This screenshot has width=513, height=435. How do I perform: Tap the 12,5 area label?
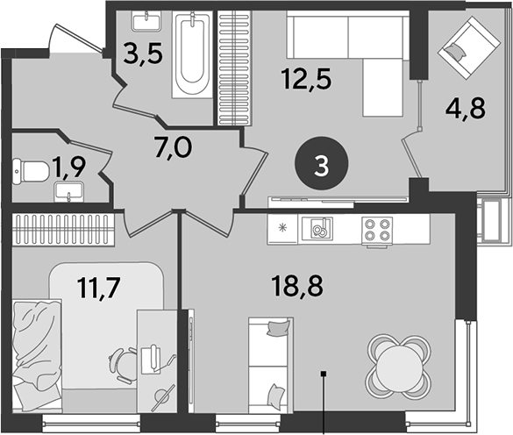[307, 78]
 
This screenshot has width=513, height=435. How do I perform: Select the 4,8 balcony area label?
[466, 108]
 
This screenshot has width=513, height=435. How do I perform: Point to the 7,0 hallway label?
[174, 148]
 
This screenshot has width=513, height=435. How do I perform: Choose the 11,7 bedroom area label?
[99, 287]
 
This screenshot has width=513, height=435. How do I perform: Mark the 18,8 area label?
[297, 286]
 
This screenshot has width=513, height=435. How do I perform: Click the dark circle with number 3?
[322, 163]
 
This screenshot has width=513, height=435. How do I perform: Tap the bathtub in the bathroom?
[192, 54]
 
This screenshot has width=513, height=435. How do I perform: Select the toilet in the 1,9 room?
[30, 171]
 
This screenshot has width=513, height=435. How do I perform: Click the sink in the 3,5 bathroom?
[147, 21]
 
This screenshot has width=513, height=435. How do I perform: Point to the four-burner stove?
[377, 229]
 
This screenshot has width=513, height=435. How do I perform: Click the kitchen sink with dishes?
[317, 229]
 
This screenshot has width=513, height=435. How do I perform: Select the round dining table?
[398, 366]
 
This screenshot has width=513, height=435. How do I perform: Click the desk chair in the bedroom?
[124, 365]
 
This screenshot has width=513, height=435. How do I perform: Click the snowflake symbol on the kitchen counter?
[282, 228]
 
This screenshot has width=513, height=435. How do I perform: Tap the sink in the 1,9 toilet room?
[69, 192]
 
